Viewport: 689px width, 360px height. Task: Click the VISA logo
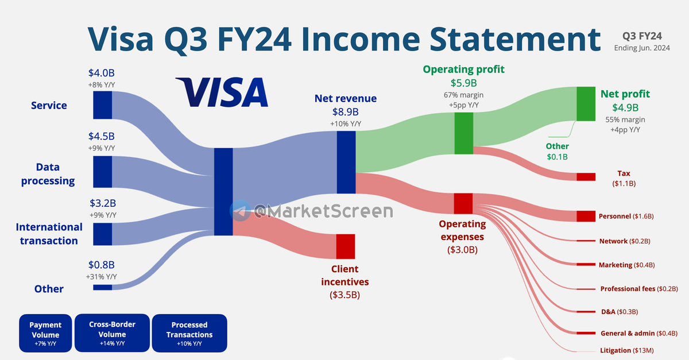point(222,92)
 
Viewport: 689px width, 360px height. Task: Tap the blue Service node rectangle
point(102,105)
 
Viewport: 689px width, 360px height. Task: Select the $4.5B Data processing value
point(102,136)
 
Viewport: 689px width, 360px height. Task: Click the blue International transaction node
point(102,234)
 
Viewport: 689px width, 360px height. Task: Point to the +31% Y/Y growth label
point(101,277)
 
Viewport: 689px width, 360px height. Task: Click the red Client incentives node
point(346,246)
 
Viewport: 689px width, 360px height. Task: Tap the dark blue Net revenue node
point(346,162)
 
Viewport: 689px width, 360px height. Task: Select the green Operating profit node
point(464,133)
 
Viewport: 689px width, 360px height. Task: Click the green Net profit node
point(586,104)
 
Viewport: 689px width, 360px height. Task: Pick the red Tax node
point(586,177)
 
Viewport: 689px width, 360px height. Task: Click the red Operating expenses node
point(463,203)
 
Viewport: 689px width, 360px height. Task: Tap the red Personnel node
point(586,216)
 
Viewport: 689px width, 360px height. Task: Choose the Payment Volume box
point(45,333)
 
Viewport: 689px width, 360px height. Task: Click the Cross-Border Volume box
point(113,333)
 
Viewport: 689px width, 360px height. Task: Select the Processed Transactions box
point(189,333)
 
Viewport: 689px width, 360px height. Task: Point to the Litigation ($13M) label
point(627,350)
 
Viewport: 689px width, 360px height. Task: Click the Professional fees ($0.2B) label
point(639,289)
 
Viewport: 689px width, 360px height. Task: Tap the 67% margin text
point(463,95)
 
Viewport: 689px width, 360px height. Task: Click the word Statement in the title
point(515,40)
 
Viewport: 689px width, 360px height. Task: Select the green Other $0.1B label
point(558,152)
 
